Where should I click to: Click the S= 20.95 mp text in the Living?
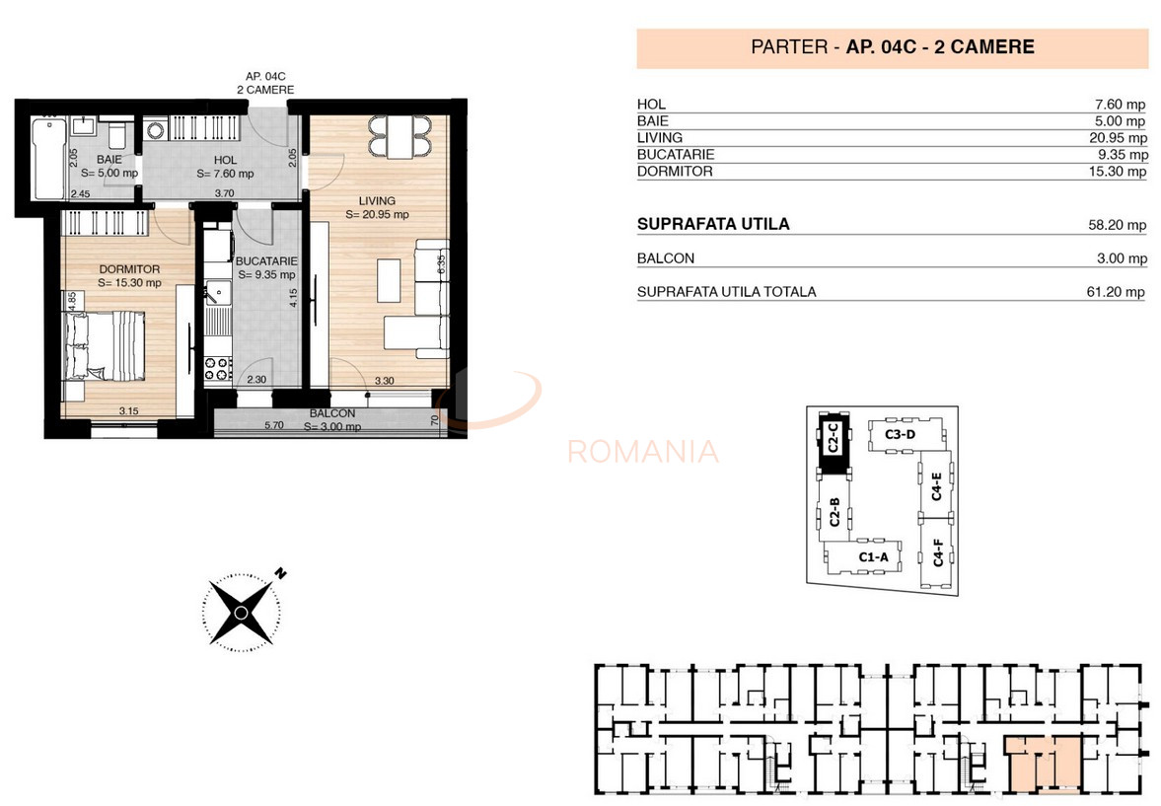point(377,214)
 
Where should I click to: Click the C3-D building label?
point(900,434)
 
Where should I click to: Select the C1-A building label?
point(873,557)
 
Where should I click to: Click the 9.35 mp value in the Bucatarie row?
point(1125,155)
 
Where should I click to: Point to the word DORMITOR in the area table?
point(675,172)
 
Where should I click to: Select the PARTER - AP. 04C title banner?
point(892,47)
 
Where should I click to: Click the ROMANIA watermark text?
point(643,452)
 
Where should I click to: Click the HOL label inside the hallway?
point(225,159)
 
